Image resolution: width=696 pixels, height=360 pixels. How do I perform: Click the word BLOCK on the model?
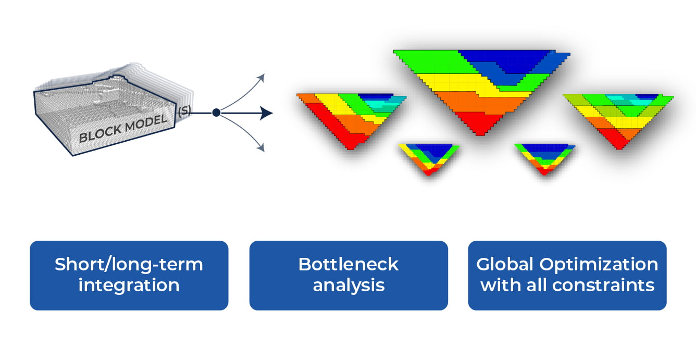pyautogui.click(x=98, y=134)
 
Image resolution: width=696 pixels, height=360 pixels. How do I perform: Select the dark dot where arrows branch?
pyautogui.click(x=216, y=113)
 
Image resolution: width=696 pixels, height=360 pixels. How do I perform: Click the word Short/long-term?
pyautogui.click(x=129, y=264)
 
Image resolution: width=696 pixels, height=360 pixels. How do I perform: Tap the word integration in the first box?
pyautogui.click(x=129, y=285)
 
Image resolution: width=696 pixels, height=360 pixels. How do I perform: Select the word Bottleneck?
pyautogui.click(x=348, y=264)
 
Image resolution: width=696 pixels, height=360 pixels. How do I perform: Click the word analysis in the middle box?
pyautogui.click(x=348, y=285)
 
